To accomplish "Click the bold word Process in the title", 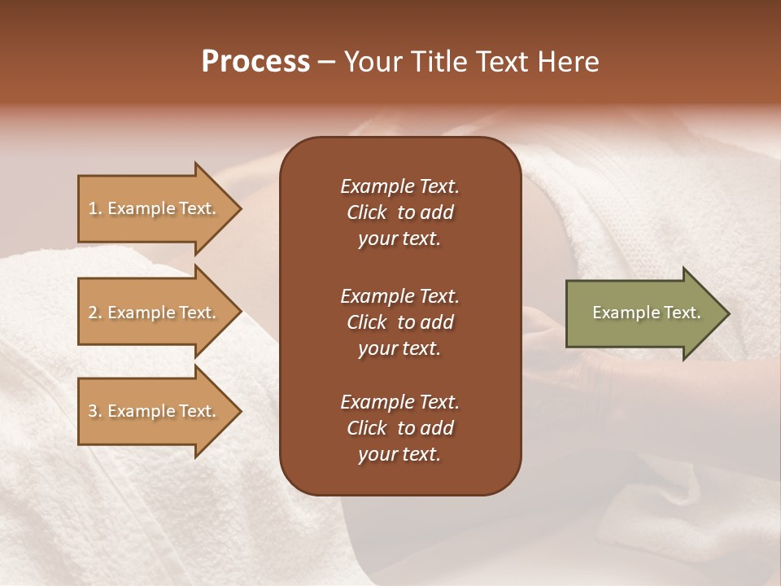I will point(255,62).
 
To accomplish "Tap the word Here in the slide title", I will point(569,62).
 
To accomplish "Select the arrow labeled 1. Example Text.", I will point(155,208).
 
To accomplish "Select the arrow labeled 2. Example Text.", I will point(155,313).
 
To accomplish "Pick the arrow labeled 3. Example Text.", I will point(155,411).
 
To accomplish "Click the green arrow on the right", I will point(643,313).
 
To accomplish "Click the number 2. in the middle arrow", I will point(94,313).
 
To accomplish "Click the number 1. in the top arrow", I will point(94,208).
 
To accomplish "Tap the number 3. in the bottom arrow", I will point(94,411).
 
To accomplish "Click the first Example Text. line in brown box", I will point(399,186).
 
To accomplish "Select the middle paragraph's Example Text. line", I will point(399,295).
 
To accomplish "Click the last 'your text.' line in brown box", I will point(399,455).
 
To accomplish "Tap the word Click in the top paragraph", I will point(366,212).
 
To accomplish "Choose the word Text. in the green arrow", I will point(682,313).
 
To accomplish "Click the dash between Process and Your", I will point(327,62).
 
